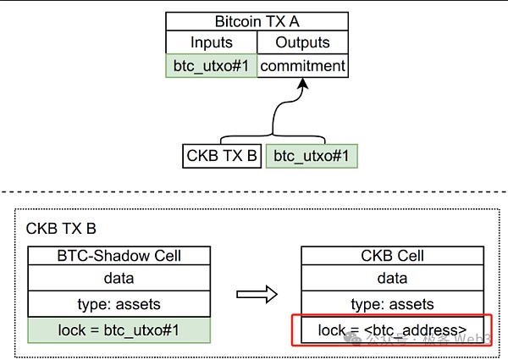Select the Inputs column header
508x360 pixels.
coord(211,42)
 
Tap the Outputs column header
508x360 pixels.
coord(302,42)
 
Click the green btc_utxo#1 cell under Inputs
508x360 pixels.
coord(211,65)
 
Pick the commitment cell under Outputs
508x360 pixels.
coord(302,65)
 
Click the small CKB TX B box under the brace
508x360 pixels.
coord(221,156)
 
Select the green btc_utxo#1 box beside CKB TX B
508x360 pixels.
coord(310,156)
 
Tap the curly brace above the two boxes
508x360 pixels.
coord(273,136)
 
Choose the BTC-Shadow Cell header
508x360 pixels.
coord(118,255)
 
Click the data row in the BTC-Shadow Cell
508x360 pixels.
coord(118,279)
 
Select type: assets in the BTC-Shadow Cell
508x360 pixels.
coord(118,303)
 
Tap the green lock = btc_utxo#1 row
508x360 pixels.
coord(118,330)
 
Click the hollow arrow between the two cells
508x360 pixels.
coord(257,293)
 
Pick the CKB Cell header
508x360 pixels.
coord(392,255)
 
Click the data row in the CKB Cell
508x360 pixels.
coord(392,279)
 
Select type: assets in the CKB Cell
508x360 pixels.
coord(392,303)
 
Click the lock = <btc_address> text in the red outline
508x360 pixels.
coord(392,330)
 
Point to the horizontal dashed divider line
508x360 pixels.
coord(254,191)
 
